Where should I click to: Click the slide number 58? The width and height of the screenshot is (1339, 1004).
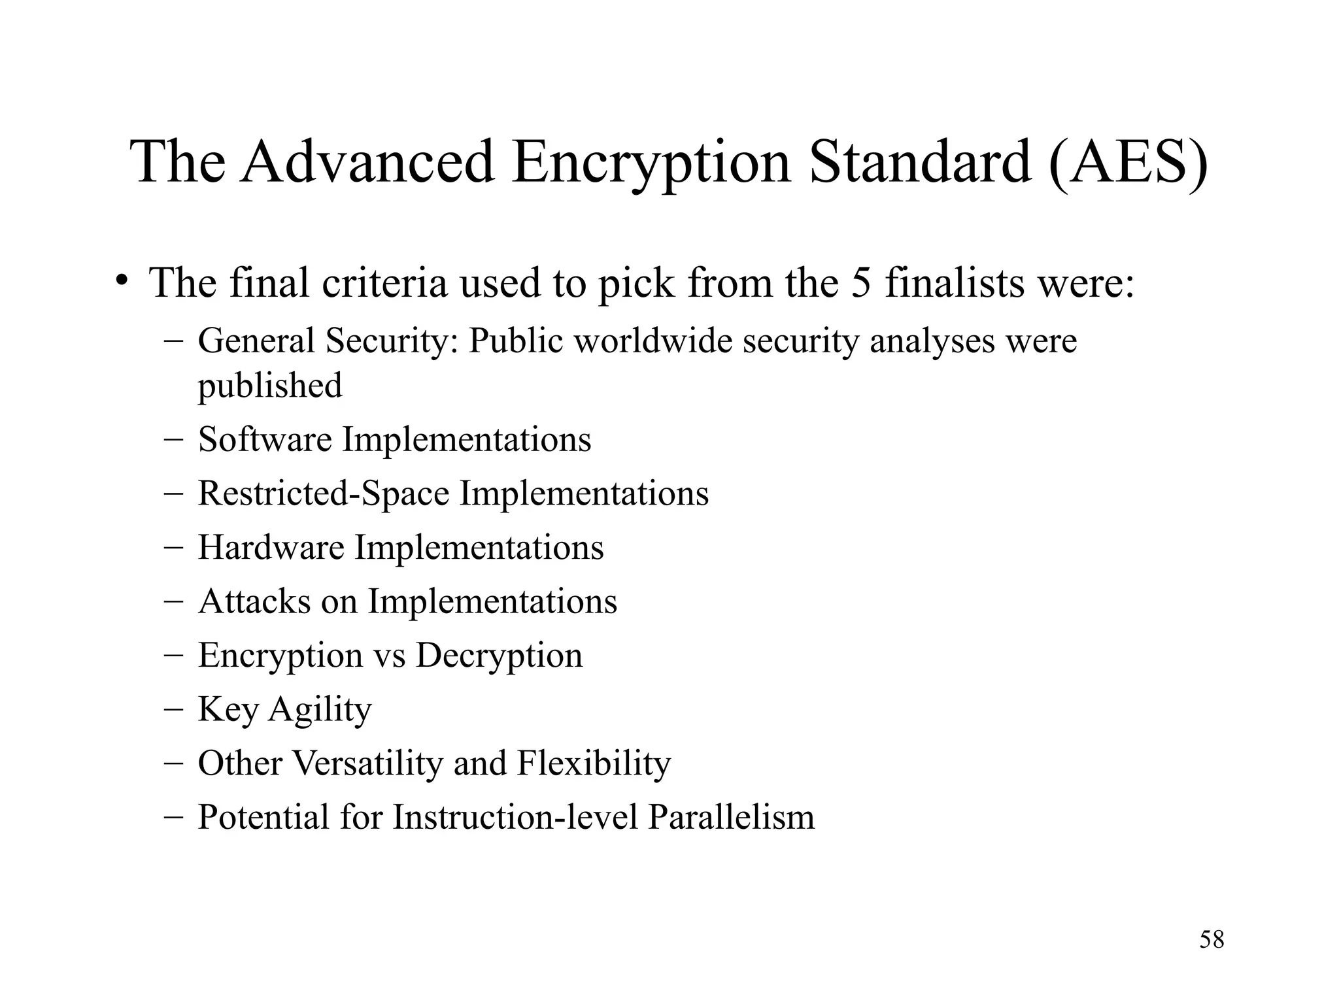pos(1212,939)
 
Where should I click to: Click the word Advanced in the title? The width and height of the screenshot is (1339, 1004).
pos(367,161)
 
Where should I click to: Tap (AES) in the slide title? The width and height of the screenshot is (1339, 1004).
pos(1128,161)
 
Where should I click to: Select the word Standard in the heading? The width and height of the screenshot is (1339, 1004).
pos(920,161)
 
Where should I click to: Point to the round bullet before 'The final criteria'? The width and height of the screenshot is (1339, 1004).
pos(121,281)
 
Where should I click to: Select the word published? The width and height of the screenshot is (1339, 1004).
pos(270,385)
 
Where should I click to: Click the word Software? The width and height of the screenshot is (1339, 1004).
pos(265,439)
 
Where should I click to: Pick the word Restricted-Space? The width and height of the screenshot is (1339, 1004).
pos(324,493)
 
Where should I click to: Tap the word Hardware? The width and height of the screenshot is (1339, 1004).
pos(271,547)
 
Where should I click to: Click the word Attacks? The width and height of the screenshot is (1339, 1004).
pos(254,601)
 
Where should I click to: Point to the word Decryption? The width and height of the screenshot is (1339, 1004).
pos(499,656)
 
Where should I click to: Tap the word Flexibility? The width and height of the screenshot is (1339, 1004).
pos(594,763)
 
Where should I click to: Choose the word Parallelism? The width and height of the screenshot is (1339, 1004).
pos(731,817)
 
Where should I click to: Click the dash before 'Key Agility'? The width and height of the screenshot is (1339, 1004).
pos(173,709)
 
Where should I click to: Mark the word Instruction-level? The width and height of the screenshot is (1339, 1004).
pos(515,817)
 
